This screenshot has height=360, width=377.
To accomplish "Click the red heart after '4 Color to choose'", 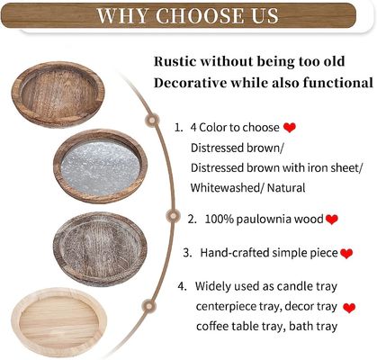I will [x=290, y=128].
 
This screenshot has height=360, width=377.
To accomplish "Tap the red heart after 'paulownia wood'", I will [x=332, y=220].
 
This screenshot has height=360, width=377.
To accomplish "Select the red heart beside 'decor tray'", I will [x=350, y=308].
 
